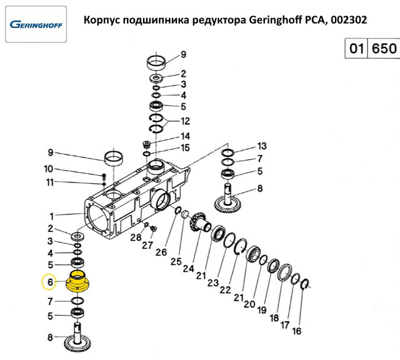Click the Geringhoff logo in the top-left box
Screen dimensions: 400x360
tap(36, 25)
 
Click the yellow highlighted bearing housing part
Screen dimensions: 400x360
tap(77, 282)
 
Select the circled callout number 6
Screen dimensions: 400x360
tap(50, 282)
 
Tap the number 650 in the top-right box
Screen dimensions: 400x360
tap(384, 48)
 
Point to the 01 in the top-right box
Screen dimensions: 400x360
tap(356, 48)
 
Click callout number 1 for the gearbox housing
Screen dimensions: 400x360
tap(51, 216)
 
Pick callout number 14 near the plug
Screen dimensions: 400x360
tap(185, 136)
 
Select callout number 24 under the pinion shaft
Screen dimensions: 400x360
tap(189, 268)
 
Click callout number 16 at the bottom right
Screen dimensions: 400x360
tap(296, 331)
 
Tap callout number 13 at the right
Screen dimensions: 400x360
tap(262, 146)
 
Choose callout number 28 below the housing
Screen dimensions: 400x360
tap(136, 237)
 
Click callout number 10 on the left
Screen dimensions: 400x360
tap(49, 169)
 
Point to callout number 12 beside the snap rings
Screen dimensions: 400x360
tap(185, 121)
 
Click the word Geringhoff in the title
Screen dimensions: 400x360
tap(276, 19)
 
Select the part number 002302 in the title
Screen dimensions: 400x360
tap(349, 19)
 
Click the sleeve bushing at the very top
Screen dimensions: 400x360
tap(156, 62)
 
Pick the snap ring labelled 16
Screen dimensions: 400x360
tap(305, 284)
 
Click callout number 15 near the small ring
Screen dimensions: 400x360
tap(185, 147)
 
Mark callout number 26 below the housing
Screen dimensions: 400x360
tap(161, 252)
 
